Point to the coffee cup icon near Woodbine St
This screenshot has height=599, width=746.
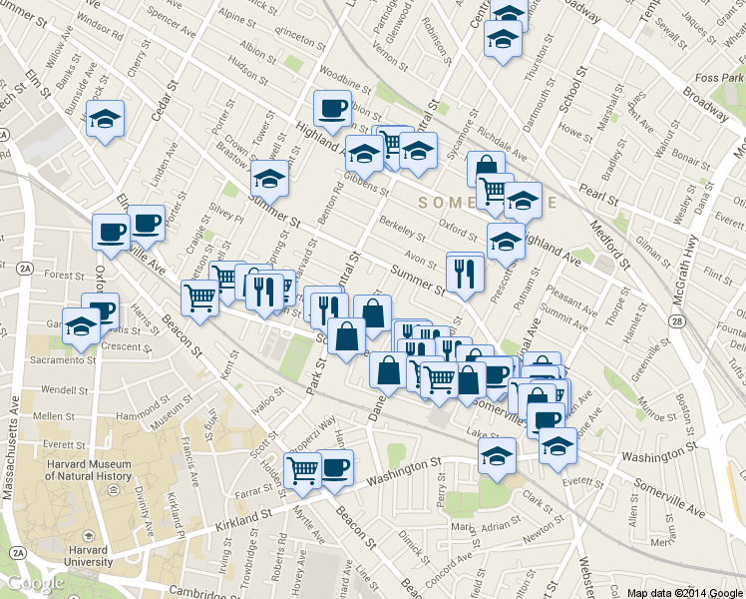coord(332,108)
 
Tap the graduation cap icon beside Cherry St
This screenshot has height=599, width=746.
coord(105,120)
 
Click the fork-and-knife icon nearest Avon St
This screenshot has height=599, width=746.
coord(465,273)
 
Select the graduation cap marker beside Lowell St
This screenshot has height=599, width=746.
coord(269,180)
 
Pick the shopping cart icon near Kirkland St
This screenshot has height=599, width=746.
coord(303,469)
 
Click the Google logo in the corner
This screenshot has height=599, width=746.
coord(35,584)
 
